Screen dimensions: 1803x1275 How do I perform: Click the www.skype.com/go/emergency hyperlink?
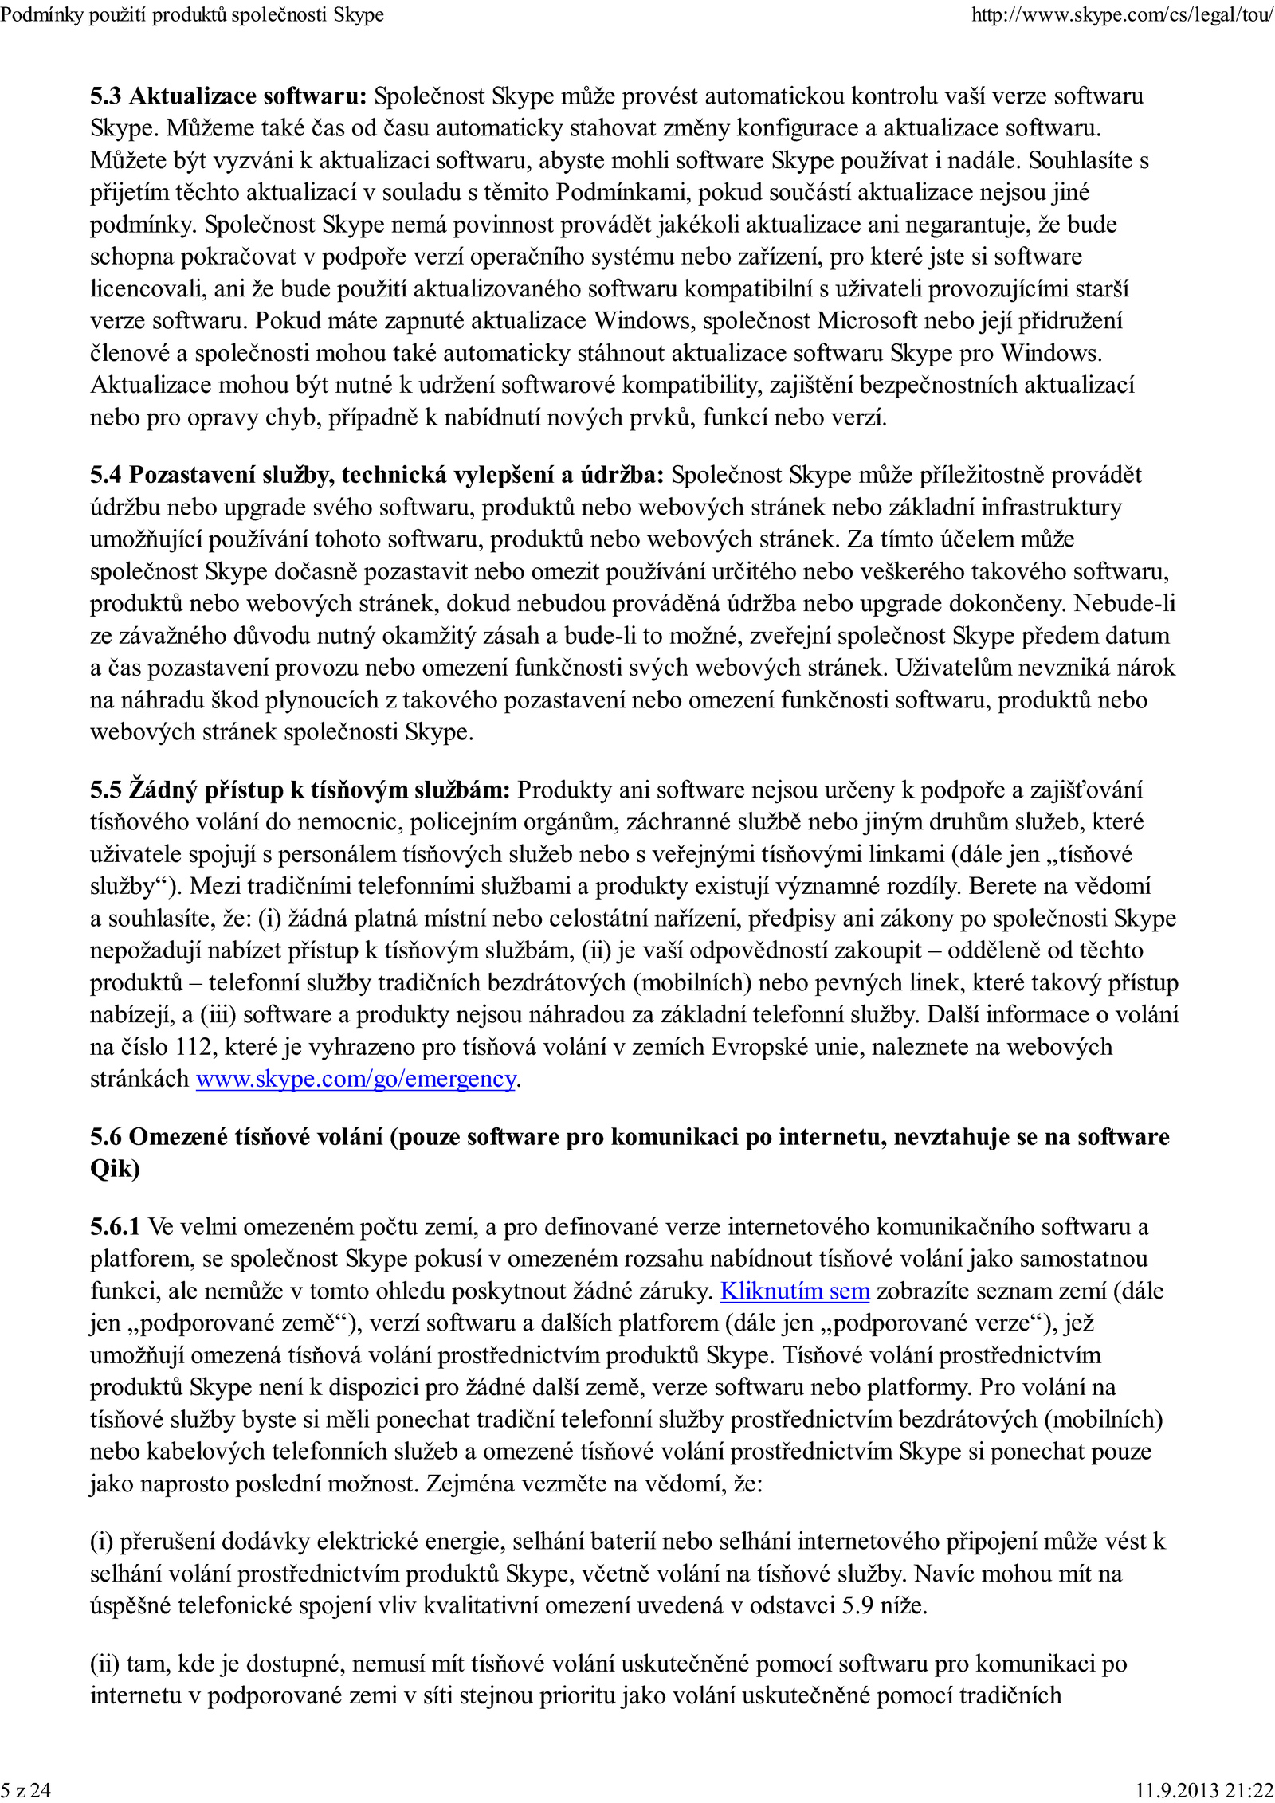(x=356, y=1079)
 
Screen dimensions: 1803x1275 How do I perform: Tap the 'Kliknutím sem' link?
(x=794, y=1291)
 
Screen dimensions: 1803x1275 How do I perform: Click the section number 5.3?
(x=106, y=96)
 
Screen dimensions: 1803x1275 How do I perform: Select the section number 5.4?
(x=106, y=475)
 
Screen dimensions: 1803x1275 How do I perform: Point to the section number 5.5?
(x=106, y=790)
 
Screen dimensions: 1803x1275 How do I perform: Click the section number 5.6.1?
(x=115, y=1226)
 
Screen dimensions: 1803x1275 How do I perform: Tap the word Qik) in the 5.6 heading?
(x=115, y=1169)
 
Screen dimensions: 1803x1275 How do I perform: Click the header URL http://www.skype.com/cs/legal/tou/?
(x=1121, y=15)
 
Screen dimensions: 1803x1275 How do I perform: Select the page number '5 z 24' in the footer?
(x=25, y=1790)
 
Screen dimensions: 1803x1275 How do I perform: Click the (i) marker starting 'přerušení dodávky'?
(x=101, y=1541)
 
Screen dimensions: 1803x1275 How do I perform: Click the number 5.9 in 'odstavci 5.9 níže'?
(x=858, y=1605)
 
